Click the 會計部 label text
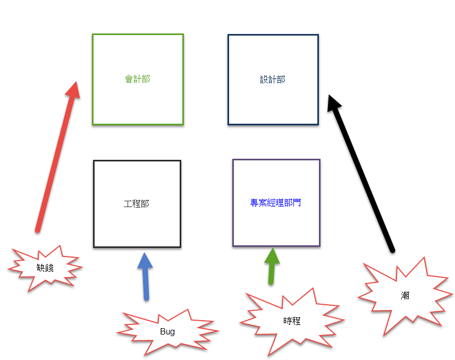(x=138, y=79)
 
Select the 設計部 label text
(x=273, y=79)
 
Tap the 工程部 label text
(x=137, y=203)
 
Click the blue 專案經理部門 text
(x=276, y=202)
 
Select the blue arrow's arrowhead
(x=145, y=261)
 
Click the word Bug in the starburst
(x=167, y=331)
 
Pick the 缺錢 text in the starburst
(x=46, y=268)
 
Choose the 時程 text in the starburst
(x=292, y=321)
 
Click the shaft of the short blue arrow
(x=146, y=284)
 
